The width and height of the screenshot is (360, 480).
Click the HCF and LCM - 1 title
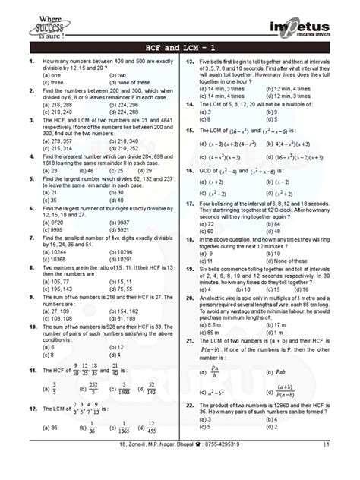(x=179, y=48)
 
